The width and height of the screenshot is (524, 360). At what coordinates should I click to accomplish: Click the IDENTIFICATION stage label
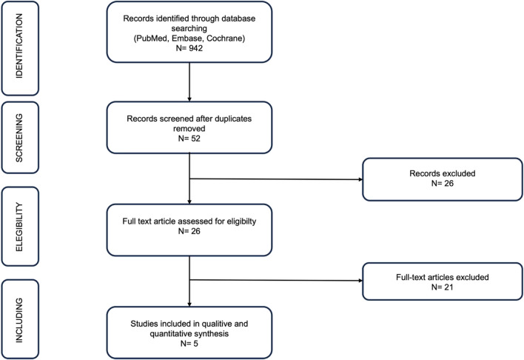[x=19, y=46]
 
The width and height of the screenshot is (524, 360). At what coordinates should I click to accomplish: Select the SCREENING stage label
[x=19, y=138]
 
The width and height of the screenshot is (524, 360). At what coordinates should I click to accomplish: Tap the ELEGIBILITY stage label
[x=19, y=227]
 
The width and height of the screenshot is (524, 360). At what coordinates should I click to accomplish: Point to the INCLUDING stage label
[x=19, y=320]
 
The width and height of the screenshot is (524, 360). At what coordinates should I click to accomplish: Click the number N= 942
[x=189, y=48]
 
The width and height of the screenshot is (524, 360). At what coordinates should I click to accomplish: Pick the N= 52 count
[x=189, y=139]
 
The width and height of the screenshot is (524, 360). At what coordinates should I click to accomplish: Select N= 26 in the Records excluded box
[x=443, y=184]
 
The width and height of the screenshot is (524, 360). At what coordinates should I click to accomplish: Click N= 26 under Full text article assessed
[x=189, y=231]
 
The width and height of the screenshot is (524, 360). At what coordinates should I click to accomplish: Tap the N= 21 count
[x=443, y=287]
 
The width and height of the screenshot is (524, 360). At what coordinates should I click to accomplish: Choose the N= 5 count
[x=189, y=344]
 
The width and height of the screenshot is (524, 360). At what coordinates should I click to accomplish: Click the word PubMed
[x=152, y=39]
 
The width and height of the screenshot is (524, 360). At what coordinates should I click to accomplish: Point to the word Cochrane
[x=225, y=39]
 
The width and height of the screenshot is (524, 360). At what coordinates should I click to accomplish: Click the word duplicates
[x=233, y=119]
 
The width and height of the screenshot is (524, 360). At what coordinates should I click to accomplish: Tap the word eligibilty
[x=241, y=221]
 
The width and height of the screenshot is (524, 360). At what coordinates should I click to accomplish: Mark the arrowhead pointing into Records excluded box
[x=360, y=180]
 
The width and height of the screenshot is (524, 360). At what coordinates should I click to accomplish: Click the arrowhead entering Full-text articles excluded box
[x=360, y=281]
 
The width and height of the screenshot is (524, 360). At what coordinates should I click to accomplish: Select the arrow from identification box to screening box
[x=189, y=82]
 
